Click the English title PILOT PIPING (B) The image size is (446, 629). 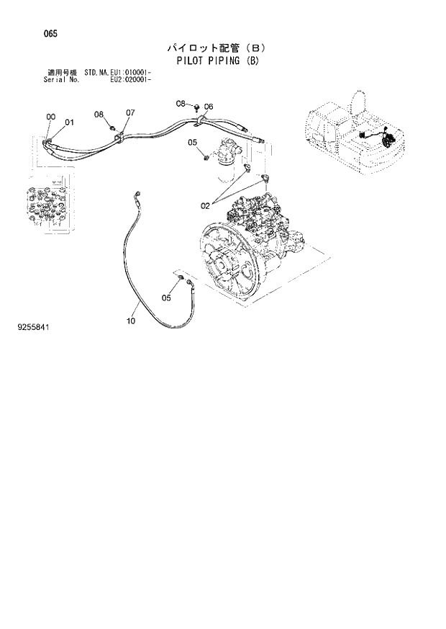(x=217, y=61)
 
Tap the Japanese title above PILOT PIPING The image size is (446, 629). (x=217, y=48)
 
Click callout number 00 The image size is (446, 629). (x=50, y=117)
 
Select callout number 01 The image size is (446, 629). (x=70, y=122)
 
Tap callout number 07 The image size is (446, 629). (x=130, y=113)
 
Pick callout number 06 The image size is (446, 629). (x=209, y=107)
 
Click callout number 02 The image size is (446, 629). (x=205, y=206)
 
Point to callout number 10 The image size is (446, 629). (x=131, y=321)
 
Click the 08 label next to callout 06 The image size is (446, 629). (x=181, y=104)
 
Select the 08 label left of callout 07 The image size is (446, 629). (x=99, y=115)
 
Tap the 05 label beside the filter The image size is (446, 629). (x=193, y=143)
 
